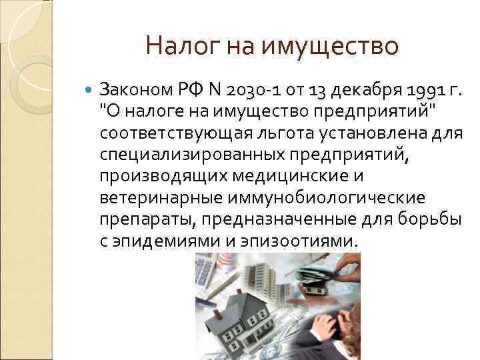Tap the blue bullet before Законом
click(x=91, y=89)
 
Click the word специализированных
click(x=192, y=156)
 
